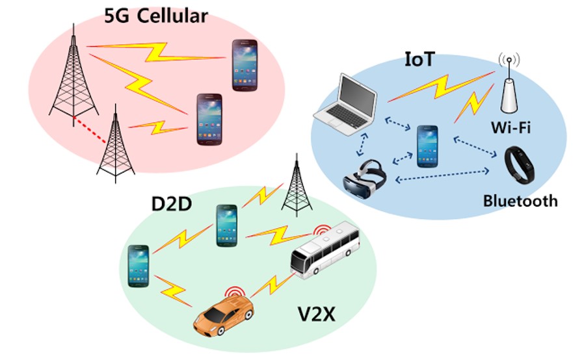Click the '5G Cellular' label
pyautogui.click(x=156, y=16)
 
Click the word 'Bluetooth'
pyautogui.click(x=520, y=201)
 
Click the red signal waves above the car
pyautogui.click(x=234, y=294)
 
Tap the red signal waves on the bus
pyautogui.click(x=322, y=231)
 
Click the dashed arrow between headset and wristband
pyautogui.click(x=442, y=175)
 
